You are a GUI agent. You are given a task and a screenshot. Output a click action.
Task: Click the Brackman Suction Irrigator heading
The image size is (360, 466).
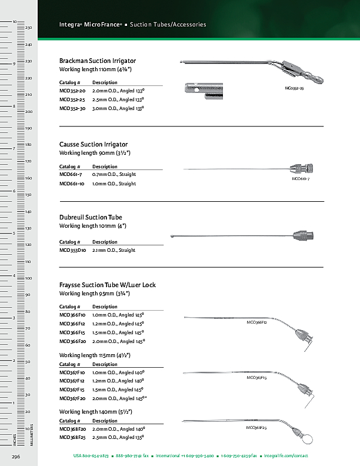tap(98, 61)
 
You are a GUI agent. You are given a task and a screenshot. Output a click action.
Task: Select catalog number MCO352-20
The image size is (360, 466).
tap(72, 92)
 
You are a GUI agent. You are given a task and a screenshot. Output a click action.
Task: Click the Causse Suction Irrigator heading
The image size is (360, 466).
tap(94, 144)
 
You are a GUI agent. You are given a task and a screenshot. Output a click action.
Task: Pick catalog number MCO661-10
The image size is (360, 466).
tap(72, 184)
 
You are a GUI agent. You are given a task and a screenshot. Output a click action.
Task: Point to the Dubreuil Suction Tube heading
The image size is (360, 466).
tap(91, 218)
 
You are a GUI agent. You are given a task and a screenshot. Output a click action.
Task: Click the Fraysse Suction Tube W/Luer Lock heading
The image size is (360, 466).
tap(108, 285)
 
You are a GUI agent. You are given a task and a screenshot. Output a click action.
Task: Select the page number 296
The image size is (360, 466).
tap(16, 456)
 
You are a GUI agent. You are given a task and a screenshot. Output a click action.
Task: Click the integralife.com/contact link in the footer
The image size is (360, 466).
tap(286, 456)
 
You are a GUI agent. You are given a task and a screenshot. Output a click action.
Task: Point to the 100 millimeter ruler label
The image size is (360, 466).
tap(28, 278)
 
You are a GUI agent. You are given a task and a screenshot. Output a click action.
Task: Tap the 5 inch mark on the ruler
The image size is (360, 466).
tap(14, 234)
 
